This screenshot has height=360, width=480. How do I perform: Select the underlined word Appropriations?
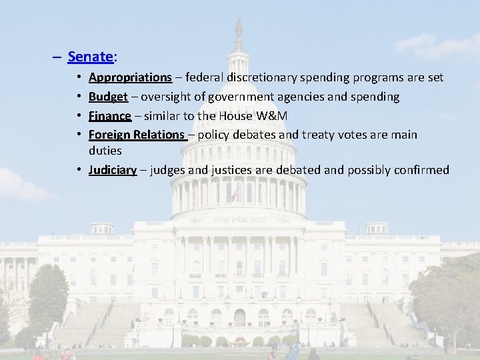tap(130, 78)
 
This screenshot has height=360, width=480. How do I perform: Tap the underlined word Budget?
tap(108, 97)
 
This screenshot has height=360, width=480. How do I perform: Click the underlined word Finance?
tap(110, 116)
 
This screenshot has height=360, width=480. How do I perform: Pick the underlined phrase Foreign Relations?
tap(136, 135)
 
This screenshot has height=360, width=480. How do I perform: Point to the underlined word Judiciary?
tap(113, 170)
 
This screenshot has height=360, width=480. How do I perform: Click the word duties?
tap(105, 151)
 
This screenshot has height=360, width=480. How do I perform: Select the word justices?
tap(232, 170)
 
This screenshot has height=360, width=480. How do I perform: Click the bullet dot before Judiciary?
tap(79, 170)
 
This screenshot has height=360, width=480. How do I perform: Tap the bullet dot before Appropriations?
tap(79, 78)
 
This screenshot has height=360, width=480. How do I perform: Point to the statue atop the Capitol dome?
tap(238, 28)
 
